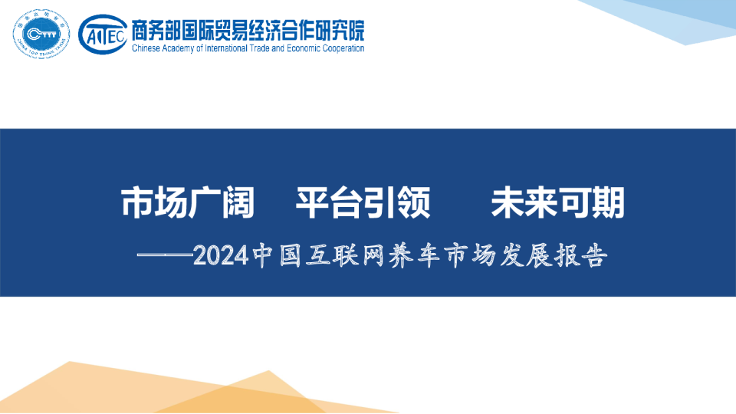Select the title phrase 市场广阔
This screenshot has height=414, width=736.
187,203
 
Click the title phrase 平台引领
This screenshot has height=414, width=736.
363,203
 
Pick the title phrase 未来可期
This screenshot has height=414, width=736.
558,203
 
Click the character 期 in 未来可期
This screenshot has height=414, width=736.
609,203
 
